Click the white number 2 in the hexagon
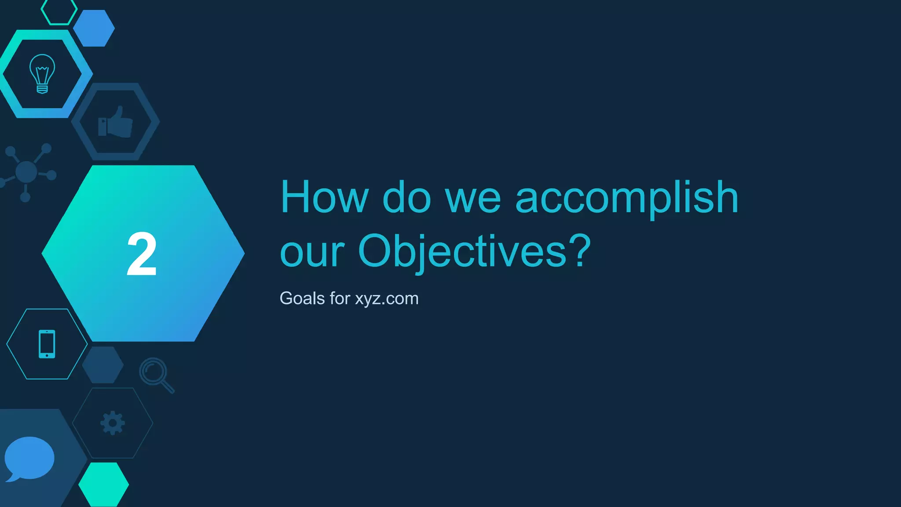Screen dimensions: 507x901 point(142,254)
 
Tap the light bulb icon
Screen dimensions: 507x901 point(42,73)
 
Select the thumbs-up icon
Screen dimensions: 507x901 point(115,122)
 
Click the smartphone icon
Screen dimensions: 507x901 point(47,344)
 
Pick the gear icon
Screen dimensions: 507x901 point(113,423)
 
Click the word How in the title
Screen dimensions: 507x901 point(324,197)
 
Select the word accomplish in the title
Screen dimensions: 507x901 point(626,198)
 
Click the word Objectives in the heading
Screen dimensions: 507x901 point(462,251)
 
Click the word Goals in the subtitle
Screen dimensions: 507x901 point(302,298)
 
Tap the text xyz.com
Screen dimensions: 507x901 point(387,299)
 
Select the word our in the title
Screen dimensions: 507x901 point(312,253)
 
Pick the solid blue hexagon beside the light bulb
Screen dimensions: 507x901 point(94,28)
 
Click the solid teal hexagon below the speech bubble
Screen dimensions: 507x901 point(104,484)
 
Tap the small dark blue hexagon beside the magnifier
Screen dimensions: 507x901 point(103,364)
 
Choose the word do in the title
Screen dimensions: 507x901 point(407,197)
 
